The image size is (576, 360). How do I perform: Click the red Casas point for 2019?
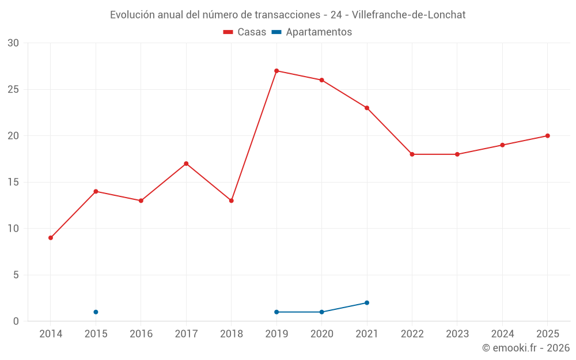[276, 71]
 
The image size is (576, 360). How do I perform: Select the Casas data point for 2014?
[51, 238]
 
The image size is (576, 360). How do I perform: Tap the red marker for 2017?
[186, 164]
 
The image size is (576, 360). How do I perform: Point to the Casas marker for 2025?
[547, 136]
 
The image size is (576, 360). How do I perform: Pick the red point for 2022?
[412, 154]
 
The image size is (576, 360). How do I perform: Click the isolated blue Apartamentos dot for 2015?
[96, 312]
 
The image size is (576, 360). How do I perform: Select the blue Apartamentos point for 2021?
[367, 303]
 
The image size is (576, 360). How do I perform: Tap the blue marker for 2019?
[276, 312]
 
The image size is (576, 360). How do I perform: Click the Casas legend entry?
[245, 32]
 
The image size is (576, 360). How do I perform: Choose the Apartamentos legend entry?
[312, 32]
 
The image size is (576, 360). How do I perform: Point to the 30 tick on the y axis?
[13, 43]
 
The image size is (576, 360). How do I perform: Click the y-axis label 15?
[13, 182]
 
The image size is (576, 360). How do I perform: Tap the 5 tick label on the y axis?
[16, 275]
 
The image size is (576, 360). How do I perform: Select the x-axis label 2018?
[232, 334]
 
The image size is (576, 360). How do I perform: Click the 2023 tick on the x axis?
[457, 334]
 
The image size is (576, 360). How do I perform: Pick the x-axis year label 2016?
[141, 334]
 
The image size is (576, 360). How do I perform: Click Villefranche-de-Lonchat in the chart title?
[408, 15]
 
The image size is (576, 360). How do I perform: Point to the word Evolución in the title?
[132, 15]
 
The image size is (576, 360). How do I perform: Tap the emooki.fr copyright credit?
[526, 347]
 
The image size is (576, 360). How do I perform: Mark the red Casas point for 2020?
[322, 80]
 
